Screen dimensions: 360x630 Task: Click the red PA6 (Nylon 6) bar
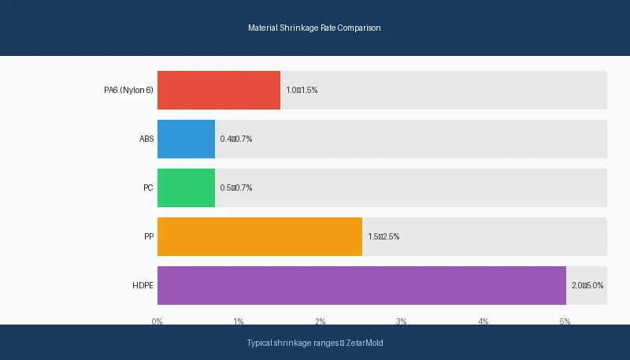point(218,90)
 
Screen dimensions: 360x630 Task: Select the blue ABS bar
point(186,139)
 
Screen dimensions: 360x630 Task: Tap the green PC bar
point(186,187)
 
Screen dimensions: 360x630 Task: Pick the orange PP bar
point(259,236)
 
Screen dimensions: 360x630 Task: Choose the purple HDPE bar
point(361,285)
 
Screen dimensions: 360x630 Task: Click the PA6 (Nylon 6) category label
point(128,90)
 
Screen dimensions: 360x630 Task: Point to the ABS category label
point(146,139)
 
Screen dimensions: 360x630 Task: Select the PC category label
point(148,187)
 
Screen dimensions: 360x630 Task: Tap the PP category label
point(149,236)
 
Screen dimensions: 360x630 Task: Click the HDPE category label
point(143,285)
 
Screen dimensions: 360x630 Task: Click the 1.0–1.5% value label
point(302,90)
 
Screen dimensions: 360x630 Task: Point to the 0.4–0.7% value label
point(236,139)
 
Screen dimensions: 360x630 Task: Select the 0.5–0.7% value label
point(236,187)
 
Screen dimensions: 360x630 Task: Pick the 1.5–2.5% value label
point(384,236)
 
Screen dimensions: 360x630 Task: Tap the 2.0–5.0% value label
point(587,285)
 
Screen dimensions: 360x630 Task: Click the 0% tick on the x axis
point(157,321)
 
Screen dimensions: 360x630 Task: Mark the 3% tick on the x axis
point(402,321)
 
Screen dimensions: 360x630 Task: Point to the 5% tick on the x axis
point(565,321)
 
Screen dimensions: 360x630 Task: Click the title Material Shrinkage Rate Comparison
point(314,28)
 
